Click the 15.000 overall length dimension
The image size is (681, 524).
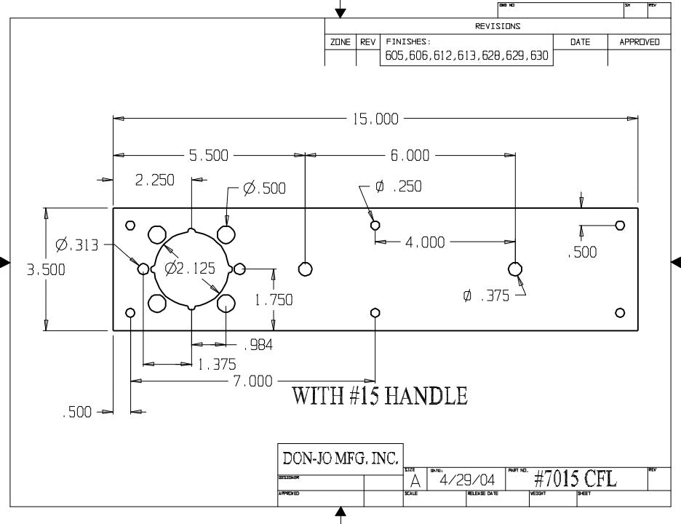[376, 119]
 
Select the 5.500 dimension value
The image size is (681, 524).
[209, 155]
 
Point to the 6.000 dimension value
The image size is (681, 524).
[410, 155]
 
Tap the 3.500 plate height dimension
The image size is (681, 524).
[46, 269]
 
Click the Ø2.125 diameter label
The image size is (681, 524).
[191, 269]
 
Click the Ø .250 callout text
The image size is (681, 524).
[397, 187]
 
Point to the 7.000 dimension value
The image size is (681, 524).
[252, 381]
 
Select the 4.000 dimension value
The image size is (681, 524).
[425, 242]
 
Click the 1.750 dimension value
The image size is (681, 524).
[273, 299]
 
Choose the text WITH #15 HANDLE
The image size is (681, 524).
[379, 397]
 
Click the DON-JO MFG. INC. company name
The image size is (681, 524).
[340, 458]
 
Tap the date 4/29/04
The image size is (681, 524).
[466, 480]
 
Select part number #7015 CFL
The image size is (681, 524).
[575, 480]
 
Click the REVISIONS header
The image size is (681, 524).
[498, 26]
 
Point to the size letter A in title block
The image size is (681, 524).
[415, 481]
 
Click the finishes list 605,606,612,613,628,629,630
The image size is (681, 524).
[466, 56]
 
